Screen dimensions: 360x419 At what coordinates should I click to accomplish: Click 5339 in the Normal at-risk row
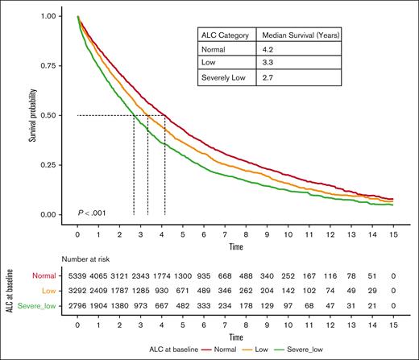tap(77, 275)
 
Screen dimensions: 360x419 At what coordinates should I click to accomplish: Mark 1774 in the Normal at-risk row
tap(162, 275)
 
